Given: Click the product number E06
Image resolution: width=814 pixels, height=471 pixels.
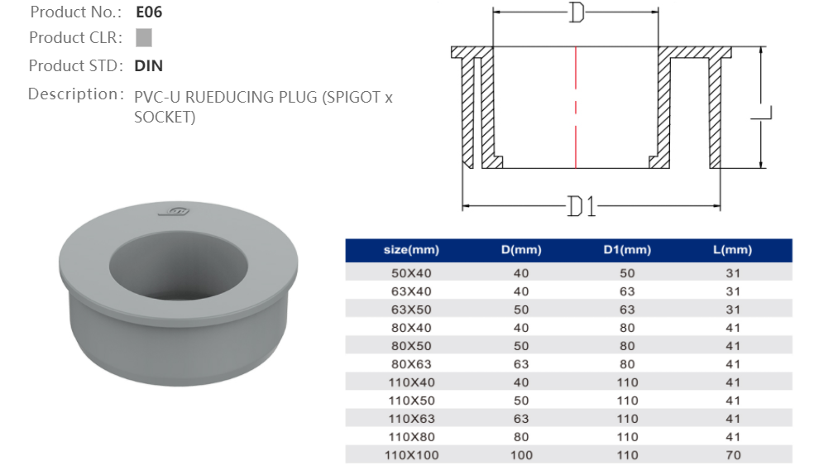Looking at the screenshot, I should point(149,12).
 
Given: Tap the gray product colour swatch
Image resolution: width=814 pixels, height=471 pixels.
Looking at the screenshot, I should point(143,37).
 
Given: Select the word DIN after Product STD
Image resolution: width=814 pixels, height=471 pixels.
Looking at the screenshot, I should point(149,65).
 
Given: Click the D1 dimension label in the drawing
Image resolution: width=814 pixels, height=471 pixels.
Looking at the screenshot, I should point(582,205).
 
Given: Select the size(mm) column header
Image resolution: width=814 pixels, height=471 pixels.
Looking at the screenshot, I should point(411,250).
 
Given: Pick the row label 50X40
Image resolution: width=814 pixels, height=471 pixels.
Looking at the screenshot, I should point(411,272).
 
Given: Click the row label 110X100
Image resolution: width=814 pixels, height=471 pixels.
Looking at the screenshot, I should point(411,455).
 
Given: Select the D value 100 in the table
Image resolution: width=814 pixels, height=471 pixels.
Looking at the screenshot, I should point(521,455).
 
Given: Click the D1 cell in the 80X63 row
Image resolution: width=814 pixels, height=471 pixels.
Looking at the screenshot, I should point(627,363).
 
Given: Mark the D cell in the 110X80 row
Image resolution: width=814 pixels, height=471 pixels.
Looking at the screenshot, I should point(521,437).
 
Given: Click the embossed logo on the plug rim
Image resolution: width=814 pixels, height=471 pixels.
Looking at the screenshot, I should point(177,212).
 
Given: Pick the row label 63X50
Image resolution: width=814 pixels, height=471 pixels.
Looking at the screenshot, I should point(411,309).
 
